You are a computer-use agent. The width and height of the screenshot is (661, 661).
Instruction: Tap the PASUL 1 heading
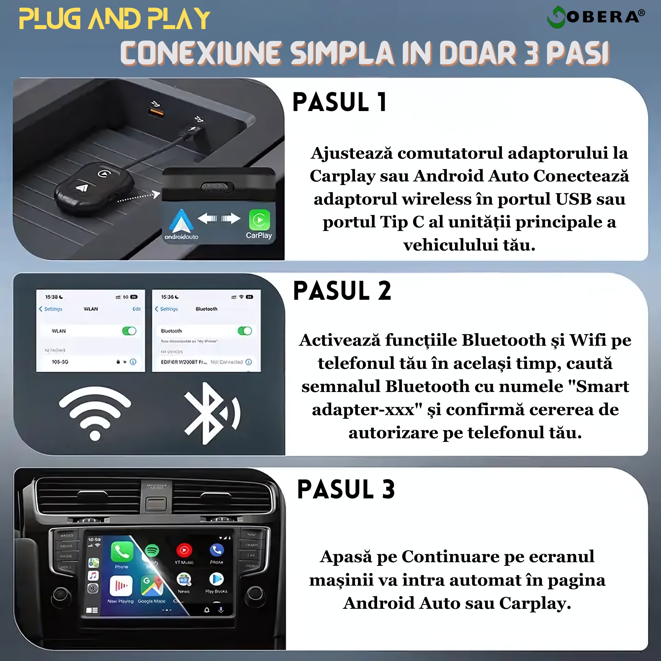pyautogui.click(x=340, y=102)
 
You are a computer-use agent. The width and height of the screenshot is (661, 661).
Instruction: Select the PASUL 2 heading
pyautogui.click(x=342, y=291)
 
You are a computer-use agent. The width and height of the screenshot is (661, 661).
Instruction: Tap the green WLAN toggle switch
pyautogui.click(x=129, y=331)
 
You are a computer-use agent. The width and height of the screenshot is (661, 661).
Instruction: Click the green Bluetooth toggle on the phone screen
pyautogui.click(x=245, y=331)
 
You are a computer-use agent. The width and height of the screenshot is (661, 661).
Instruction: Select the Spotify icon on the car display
pyautogui.click(x=152, y=551)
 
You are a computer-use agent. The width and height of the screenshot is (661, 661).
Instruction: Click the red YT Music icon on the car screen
pyautogui.click(x=184, y=550)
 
